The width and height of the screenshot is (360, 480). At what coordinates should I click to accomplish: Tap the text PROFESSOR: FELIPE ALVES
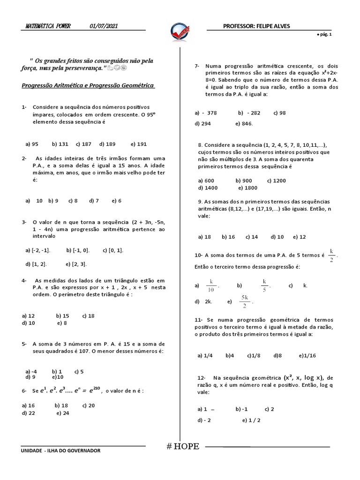tap(256, 26)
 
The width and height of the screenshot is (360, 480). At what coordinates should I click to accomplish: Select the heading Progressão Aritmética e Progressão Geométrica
tap(88, 86)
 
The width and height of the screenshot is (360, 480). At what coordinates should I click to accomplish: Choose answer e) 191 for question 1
tap(139, 144)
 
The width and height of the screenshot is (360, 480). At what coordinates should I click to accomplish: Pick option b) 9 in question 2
tap(53, 201)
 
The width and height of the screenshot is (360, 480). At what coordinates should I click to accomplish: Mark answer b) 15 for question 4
tap(62, 316)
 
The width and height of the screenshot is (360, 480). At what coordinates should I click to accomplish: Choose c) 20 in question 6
tap(89, 405)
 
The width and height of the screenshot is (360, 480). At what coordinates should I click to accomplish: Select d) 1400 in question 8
tap(208, 187)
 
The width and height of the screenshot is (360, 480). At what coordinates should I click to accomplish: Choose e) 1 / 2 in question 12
tap(251, 420)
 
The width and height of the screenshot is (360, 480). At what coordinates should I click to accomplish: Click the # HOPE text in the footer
tap(183, 446)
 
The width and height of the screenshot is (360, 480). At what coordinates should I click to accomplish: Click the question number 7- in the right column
tap(197, 66)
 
